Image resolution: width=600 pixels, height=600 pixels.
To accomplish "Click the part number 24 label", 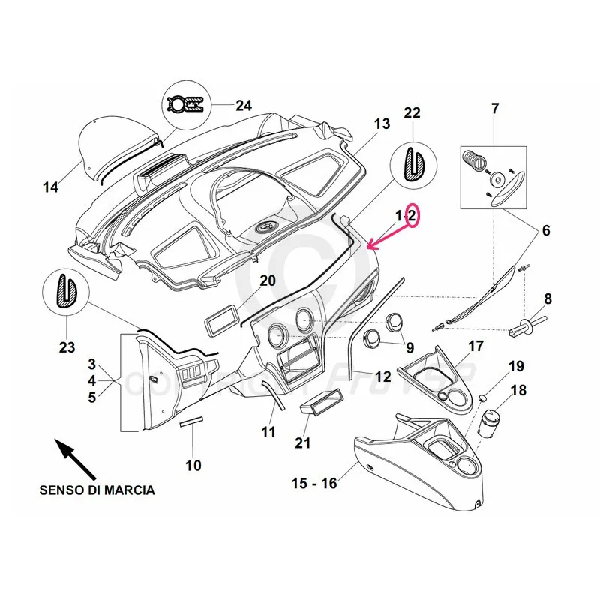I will (x=243, y=105).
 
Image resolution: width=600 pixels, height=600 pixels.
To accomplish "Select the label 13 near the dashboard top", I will (x=382, y=124).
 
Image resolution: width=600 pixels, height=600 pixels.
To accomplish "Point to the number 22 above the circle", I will (x=412, y=112).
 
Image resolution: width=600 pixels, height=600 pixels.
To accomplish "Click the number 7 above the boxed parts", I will (x=494, y=109).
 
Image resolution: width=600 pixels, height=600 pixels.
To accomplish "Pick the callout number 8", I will (x=547, y=298).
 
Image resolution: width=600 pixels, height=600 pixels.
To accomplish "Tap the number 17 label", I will (x=476, y=346).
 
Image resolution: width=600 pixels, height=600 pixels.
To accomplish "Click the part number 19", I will (x=516, y=366).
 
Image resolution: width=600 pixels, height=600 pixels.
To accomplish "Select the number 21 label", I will (x=302, y=442).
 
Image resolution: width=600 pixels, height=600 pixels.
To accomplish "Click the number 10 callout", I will (x=193, y=465).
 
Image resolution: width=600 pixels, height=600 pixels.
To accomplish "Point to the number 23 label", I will (x=67, y=347).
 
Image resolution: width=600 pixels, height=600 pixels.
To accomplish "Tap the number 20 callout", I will (x=268, y=280).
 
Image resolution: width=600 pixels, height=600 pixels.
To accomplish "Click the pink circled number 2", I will (x=412, y=216).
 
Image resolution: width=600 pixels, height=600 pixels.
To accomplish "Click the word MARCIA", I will (x=130, y=490).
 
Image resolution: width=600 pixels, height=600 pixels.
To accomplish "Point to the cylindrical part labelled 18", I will (x=491, y=421).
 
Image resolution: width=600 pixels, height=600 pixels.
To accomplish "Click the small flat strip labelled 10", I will (x=192, y=423).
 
